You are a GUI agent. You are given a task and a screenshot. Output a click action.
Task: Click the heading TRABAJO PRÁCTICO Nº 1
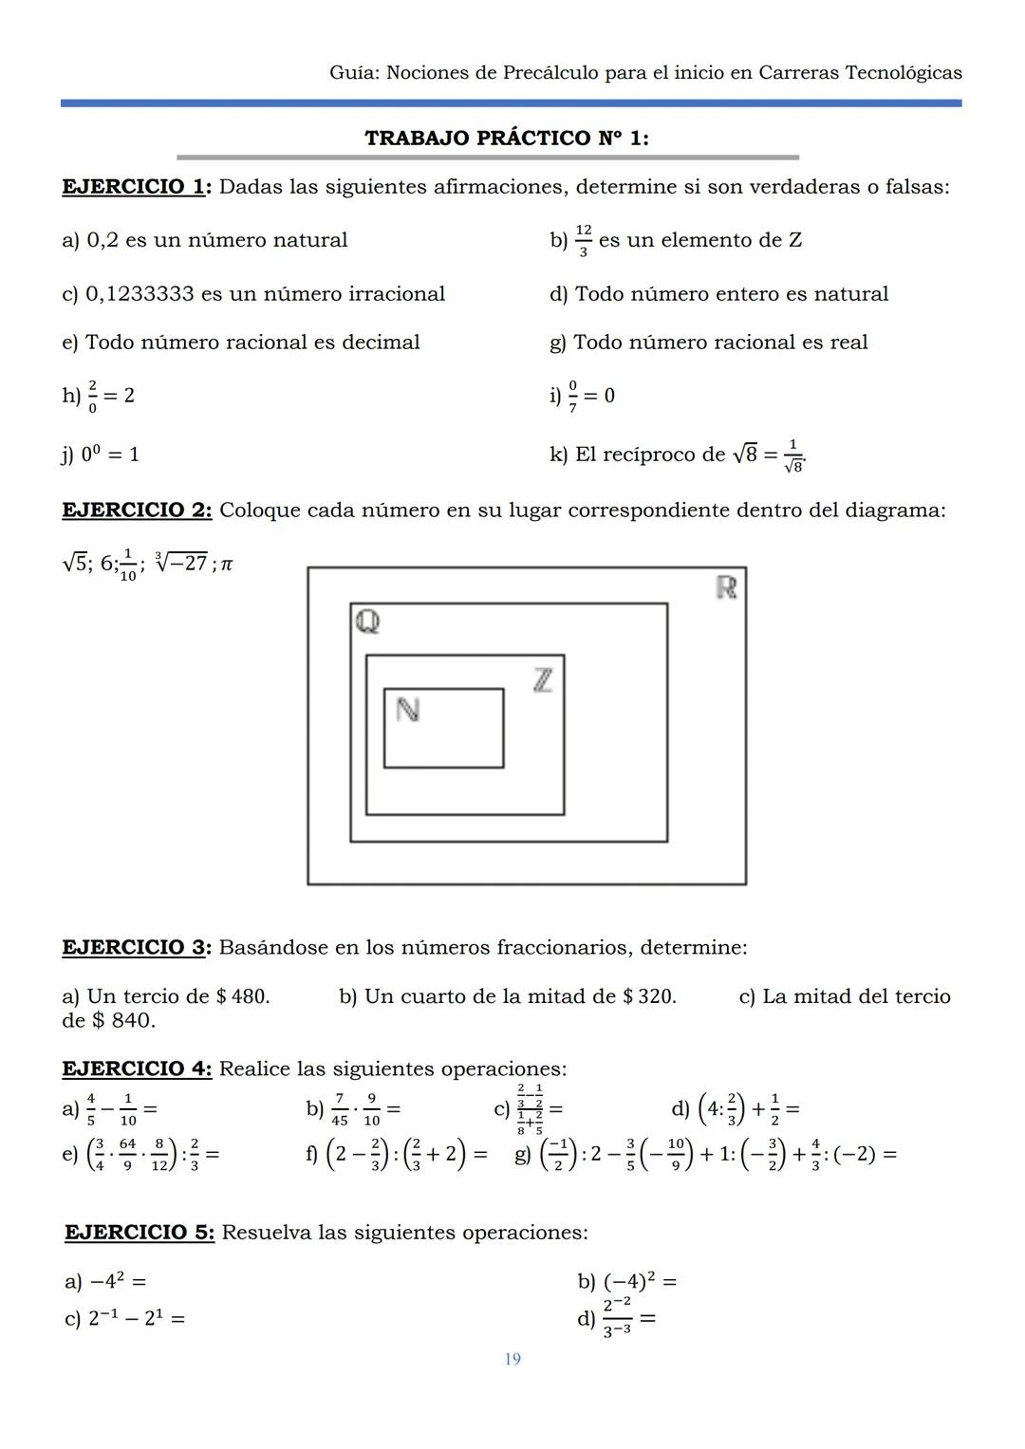pyautogui.click(x=507, y=138)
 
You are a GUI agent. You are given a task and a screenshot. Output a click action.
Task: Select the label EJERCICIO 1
pyautogui.click(x=136, y=187)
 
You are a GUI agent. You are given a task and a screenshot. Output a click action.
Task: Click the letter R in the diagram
pyautogui.click(x=727, y=587)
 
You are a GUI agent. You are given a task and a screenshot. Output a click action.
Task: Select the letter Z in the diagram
pyautogui.click(x=542, y=679)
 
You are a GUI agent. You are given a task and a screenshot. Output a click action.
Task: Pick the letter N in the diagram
pyautogui.click(x=407, y=710)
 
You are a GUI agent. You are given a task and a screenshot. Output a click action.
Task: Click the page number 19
pyautogui.click(x=512, y=1360)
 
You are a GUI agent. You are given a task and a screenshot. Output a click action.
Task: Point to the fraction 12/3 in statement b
pyautogui.click(x=583, y=241)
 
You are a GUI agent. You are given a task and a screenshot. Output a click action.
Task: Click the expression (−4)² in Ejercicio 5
pyautogui.click(x=629, y=1281)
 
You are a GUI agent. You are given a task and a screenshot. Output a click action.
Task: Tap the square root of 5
pyautogui.click(x=75, y=563)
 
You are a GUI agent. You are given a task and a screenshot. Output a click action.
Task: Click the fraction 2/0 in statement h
pyautogui.click(x=93, y=396)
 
